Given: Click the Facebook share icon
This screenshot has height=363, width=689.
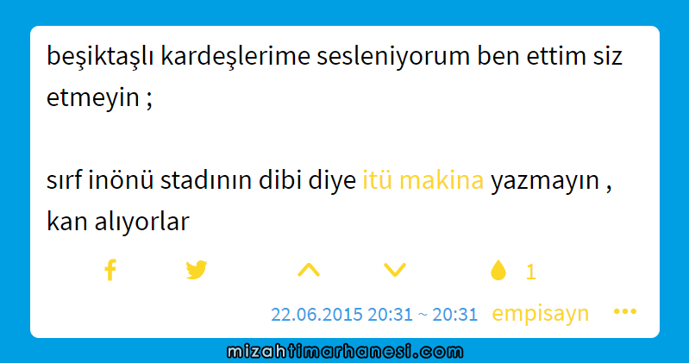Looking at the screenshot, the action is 110,270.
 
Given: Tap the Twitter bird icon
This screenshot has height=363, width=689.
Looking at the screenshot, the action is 197,270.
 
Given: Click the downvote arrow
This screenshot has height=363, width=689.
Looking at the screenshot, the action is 395,270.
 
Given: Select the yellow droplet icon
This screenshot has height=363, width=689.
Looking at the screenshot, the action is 498,270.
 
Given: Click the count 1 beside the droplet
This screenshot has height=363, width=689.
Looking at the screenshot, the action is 531,272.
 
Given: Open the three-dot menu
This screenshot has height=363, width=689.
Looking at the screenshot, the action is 625,311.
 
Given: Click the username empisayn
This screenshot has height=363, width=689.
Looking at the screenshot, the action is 540,313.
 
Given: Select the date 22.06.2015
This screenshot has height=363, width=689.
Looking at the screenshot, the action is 316,314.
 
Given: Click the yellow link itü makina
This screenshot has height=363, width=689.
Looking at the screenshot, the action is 423,180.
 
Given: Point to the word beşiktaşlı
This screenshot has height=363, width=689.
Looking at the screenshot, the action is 100,57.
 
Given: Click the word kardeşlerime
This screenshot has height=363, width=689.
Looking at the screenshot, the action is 235,57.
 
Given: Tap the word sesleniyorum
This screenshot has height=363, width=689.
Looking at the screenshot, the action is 393,57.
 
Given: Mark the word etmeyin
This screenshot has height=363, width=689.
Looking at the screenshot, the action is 93,97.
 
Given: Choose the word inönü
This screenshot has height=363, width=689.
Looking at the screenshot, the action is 121,180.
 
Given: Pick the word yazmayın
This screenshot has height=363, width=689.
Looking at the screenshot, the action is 545,181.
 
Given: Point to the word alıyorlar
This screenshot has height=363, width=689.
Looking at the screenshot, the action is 142,222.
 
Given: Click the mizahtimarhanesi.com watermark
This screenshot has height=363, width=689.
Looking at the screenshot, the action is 345,352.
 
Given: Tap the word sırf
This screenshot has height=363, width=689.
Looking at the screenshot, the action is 64,180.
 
